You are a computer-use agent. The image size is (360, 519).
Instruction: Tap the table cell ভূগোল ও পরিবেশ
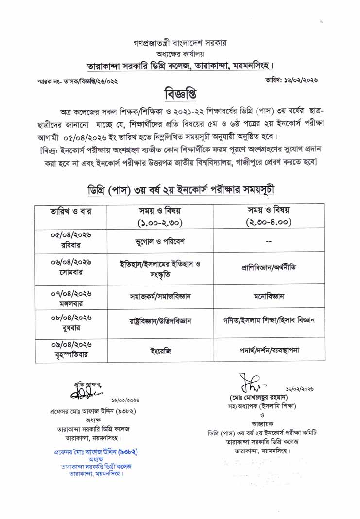coord(160,241)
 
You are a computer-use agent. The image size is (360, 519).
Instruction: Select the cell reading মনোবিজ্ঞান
coord(268,295)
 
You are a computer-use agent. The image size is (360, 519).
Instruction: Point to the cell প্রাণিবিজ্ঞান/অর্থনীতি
coord(268,268)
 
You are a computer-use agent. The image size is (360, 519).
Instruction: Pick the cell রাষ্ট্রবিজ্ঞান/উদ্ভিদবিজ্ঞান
coord(160,321)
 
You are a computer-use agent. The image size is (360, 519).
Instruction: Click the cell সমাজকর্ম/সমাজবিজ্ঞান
coord(160,295)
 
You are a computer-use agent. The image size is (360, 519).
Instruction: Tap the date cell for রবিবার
coord(71,240)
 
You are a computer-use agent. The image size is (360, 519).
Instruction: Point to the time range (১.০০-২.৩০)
coord(160,223)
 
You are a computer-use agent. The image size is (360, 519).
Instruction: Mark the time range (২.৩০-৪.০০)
coord(268,223)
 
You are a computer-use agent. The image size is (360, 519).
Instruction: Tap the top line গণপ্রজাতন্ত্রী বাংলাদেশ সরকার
coord(180,43)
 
